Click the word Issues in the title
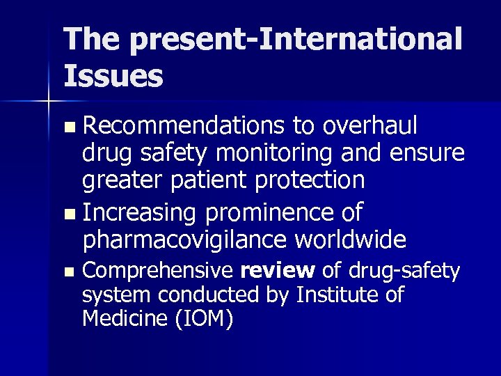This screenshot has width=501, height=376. [x=113, y=75]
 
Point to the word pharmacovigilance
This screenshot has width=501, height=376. [x=182, y=239]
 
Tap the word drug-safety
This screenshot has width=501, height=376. [x=404, y=269]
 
